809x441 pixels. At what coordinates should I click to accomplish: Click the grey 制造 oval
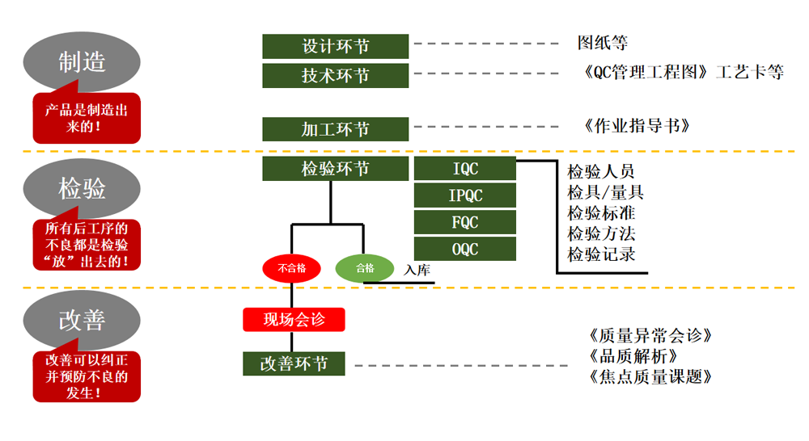point(82,61)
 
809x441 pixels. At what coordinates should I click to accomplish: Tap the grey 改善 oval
point(82,320)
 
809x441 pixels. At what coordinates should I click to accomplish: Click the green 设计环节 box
point(335,46)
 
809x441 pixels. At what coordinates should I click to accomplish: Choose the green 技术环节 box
point(335,75)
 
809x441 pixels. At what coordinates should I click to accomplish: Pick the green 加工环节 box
point(335,129)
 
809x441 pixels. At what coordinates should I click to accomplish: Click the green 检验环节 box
point(335,169)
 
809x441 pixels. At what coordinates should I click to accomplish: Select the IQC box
point(464,169)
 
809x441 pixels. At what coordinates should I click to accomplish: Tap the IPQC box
point(464,195)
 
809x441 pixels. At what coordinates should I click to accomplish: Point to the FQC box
point(464,222)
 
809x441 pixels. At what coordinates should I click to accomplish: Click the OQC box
point(464,249)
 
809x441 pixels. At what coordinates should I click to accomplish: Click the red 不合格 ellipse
point(291,268)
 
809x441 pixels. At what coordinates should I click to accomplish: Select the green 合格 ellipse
point(365,268)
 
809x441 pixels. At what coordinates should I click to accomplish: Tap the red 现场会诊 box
point(294,319)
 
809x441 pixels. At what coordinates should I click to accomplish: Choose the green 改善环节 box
point(294,363)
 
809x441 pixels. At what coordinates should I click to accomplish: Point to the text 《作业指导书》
point(635,126)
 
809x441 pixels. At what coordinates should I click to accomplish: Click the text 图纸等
point(602,43)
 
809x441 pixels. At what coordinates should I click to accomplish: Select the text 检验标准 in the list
point(601,213)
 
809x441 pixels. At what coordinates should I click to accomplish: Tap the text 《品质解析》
point(635,355)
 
